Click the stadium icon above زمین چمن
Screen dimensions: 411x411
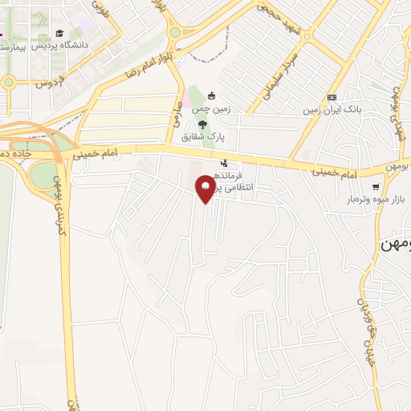point(211,96)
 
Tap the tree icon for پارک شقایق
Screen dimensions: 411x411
point(201,124)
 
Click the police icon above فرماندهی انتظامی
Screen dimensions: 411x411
point(223,163)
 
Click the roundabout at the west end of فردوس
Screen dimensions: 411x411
point(9,82)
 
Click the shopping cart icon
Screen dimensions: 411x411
point(376,186)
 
